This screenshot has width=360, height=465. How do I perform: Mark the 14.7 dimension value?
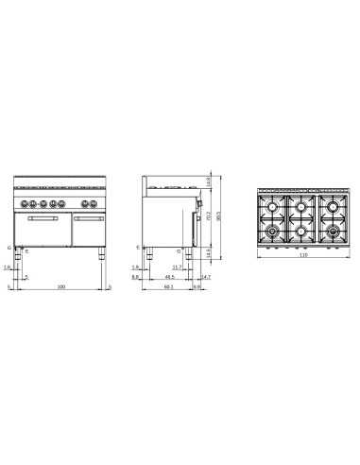click(205, 277)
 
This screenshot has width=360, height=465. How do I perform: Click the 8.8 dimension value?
click(136, 278)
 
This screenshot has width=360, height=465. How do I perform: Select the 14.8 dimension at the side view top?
click(208, 183)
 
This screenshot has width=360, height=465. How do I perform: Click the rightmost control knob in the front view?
click(94, 204)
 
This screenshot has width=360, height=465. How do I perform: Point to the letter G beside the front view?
click(9, 248)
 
